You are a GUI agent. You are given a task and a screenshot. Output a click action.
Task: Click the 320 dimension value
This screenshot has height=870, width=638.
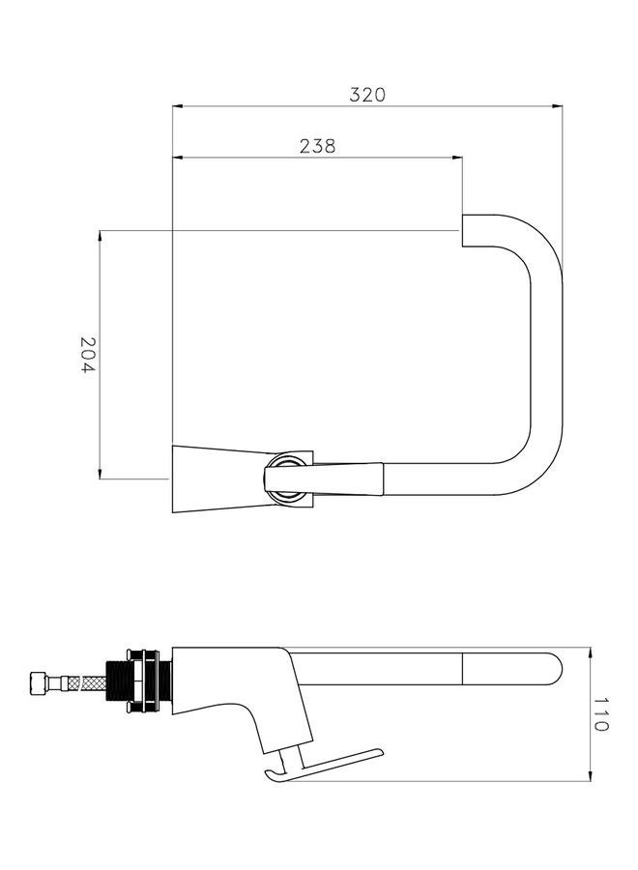click(367, 94)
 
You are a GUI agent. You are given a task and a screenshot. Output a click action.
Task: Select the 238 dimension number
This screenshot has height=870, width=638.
click(317, 146)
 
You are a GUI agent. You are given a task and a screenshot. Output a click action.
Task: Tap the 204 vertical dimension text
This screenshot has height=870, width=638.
click(87, 356)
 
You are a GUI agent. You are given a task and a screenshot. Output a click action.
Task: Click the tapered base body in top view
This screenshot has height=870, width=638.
click(217, 479)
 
